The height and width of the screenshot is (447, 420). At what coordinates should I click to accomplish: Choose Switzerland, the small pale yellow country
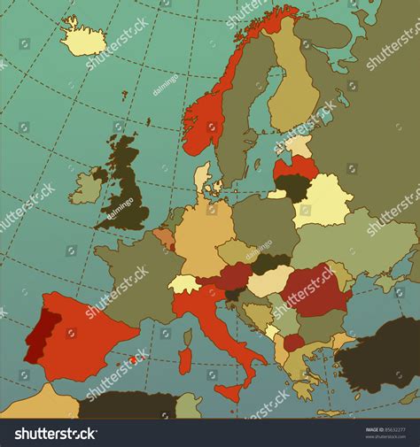point(185,284)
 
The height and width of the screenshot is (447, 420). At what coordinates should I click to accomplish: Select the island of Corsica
point(187,336)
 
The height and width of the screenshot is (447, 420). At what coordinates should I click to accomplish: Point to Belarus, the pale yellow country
point(324,200)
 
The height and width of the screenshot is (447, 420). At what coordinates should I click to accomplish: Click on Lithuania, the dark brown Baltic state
point(290,186)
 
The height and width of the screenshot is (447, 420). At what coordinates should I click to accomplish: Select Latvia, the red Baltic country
point(297,166)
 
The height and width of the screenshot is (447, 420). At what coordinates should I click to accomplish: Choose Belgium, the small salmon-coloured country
point(164,238)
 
